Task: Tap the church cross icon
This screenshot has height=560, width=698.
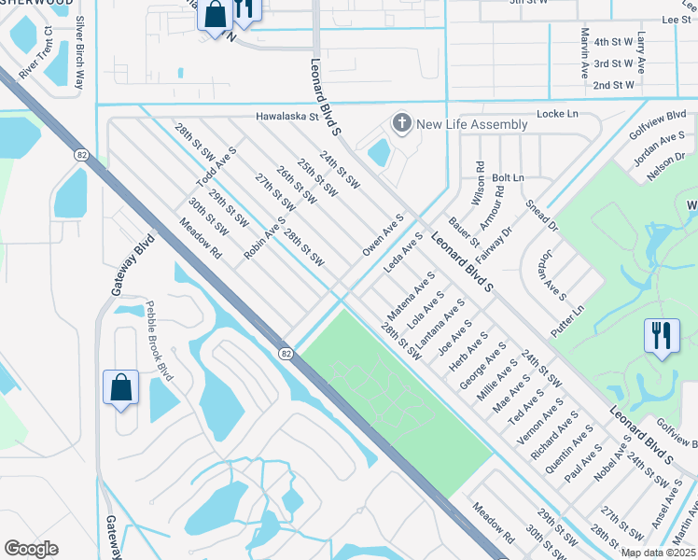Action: tap(402, 123)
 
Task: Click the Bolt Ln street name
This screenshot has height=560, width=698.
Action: tap(508, 177)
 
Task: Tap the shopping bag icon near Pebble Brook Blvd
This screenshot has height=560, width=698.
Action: tap(121, 388)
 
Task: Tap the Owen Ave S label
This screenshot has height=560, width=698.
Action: tap(382, 237)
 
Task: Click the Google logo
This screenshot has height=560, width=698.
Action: tap(31, 548)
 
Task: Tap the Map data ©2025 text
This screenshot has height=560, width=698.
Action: tap(658, 553)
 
